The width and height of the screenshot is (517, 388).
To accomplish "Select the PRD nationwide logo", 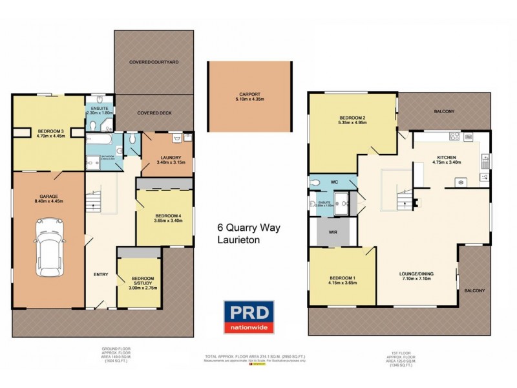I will (x=249, y=318).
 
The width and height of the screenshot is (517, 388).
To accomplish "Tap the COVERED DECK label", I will (x=153, y=113).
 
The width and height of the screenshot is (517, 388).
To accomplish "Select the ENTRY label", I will (x=101, y=275).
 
